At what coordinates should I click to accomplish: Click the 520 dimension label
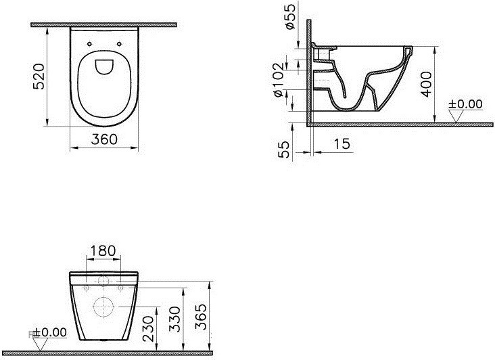click(x=39, y=76)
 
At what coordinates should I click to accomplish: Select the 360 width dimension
click(x=104, y=139)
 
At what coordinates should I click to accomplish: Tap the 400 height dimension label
click(x=427, y=85)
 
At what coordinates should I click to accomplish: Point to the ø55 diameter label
click(x=290, y=17)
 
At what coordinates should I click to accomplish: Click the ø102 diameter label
click(x=279, y=81)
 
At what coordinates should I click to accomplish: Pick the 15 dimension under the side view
click(x=341, y=144)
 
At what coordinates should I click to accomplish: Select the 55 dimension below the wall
click(x=283, y=150)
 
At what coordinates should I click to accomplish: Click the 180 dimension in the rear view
click(x=103, y=251)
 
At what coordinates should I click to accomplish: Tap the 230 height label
click(x=148, y=329)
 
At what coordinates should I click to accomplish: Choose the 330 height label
click(x=174, y=319)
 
